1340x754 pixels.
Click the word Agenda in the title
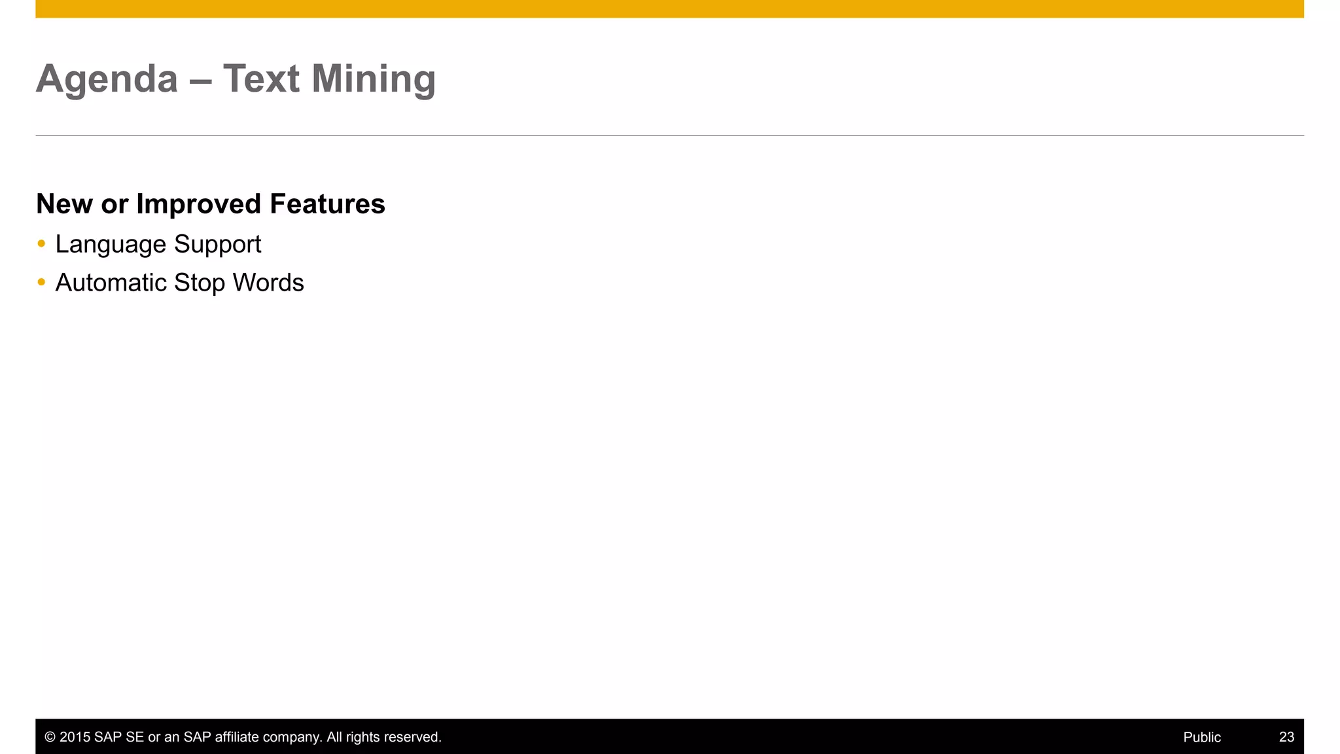[x=107, y=79]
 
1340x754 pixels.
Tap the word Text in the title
[x=261, y=79]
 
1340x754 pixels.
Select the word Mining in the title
[x=373, y=79]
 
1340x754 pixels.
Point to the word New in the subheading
[x=64, y=204]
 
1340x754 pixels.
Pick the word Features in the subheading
[x=327, y=204]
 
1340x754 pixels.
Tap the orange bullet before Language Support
[x=42, y=244]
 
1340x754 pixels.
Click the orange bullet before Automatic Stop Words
[x=42, y=283]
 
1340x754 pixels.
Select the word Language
[x=111, y=245]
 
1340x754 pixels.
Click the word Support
[x=217, y=245]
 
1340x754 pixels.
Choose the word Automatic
[x=111, y=283]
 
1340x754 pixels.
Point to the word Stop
[x=200, y=283]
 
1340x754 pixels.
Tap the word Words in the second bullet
[x=268, y=283]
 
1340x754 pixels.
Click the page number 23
[x=1286, y=737]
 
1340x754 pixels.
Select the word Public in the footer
[x=1202, y=737]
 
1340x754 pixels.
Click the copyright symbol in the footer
[x=50, y=737]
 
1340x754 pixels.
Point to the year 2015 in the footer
[x=75, y=737]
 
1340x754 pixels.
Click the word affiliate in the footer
[x=237, y=737]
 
